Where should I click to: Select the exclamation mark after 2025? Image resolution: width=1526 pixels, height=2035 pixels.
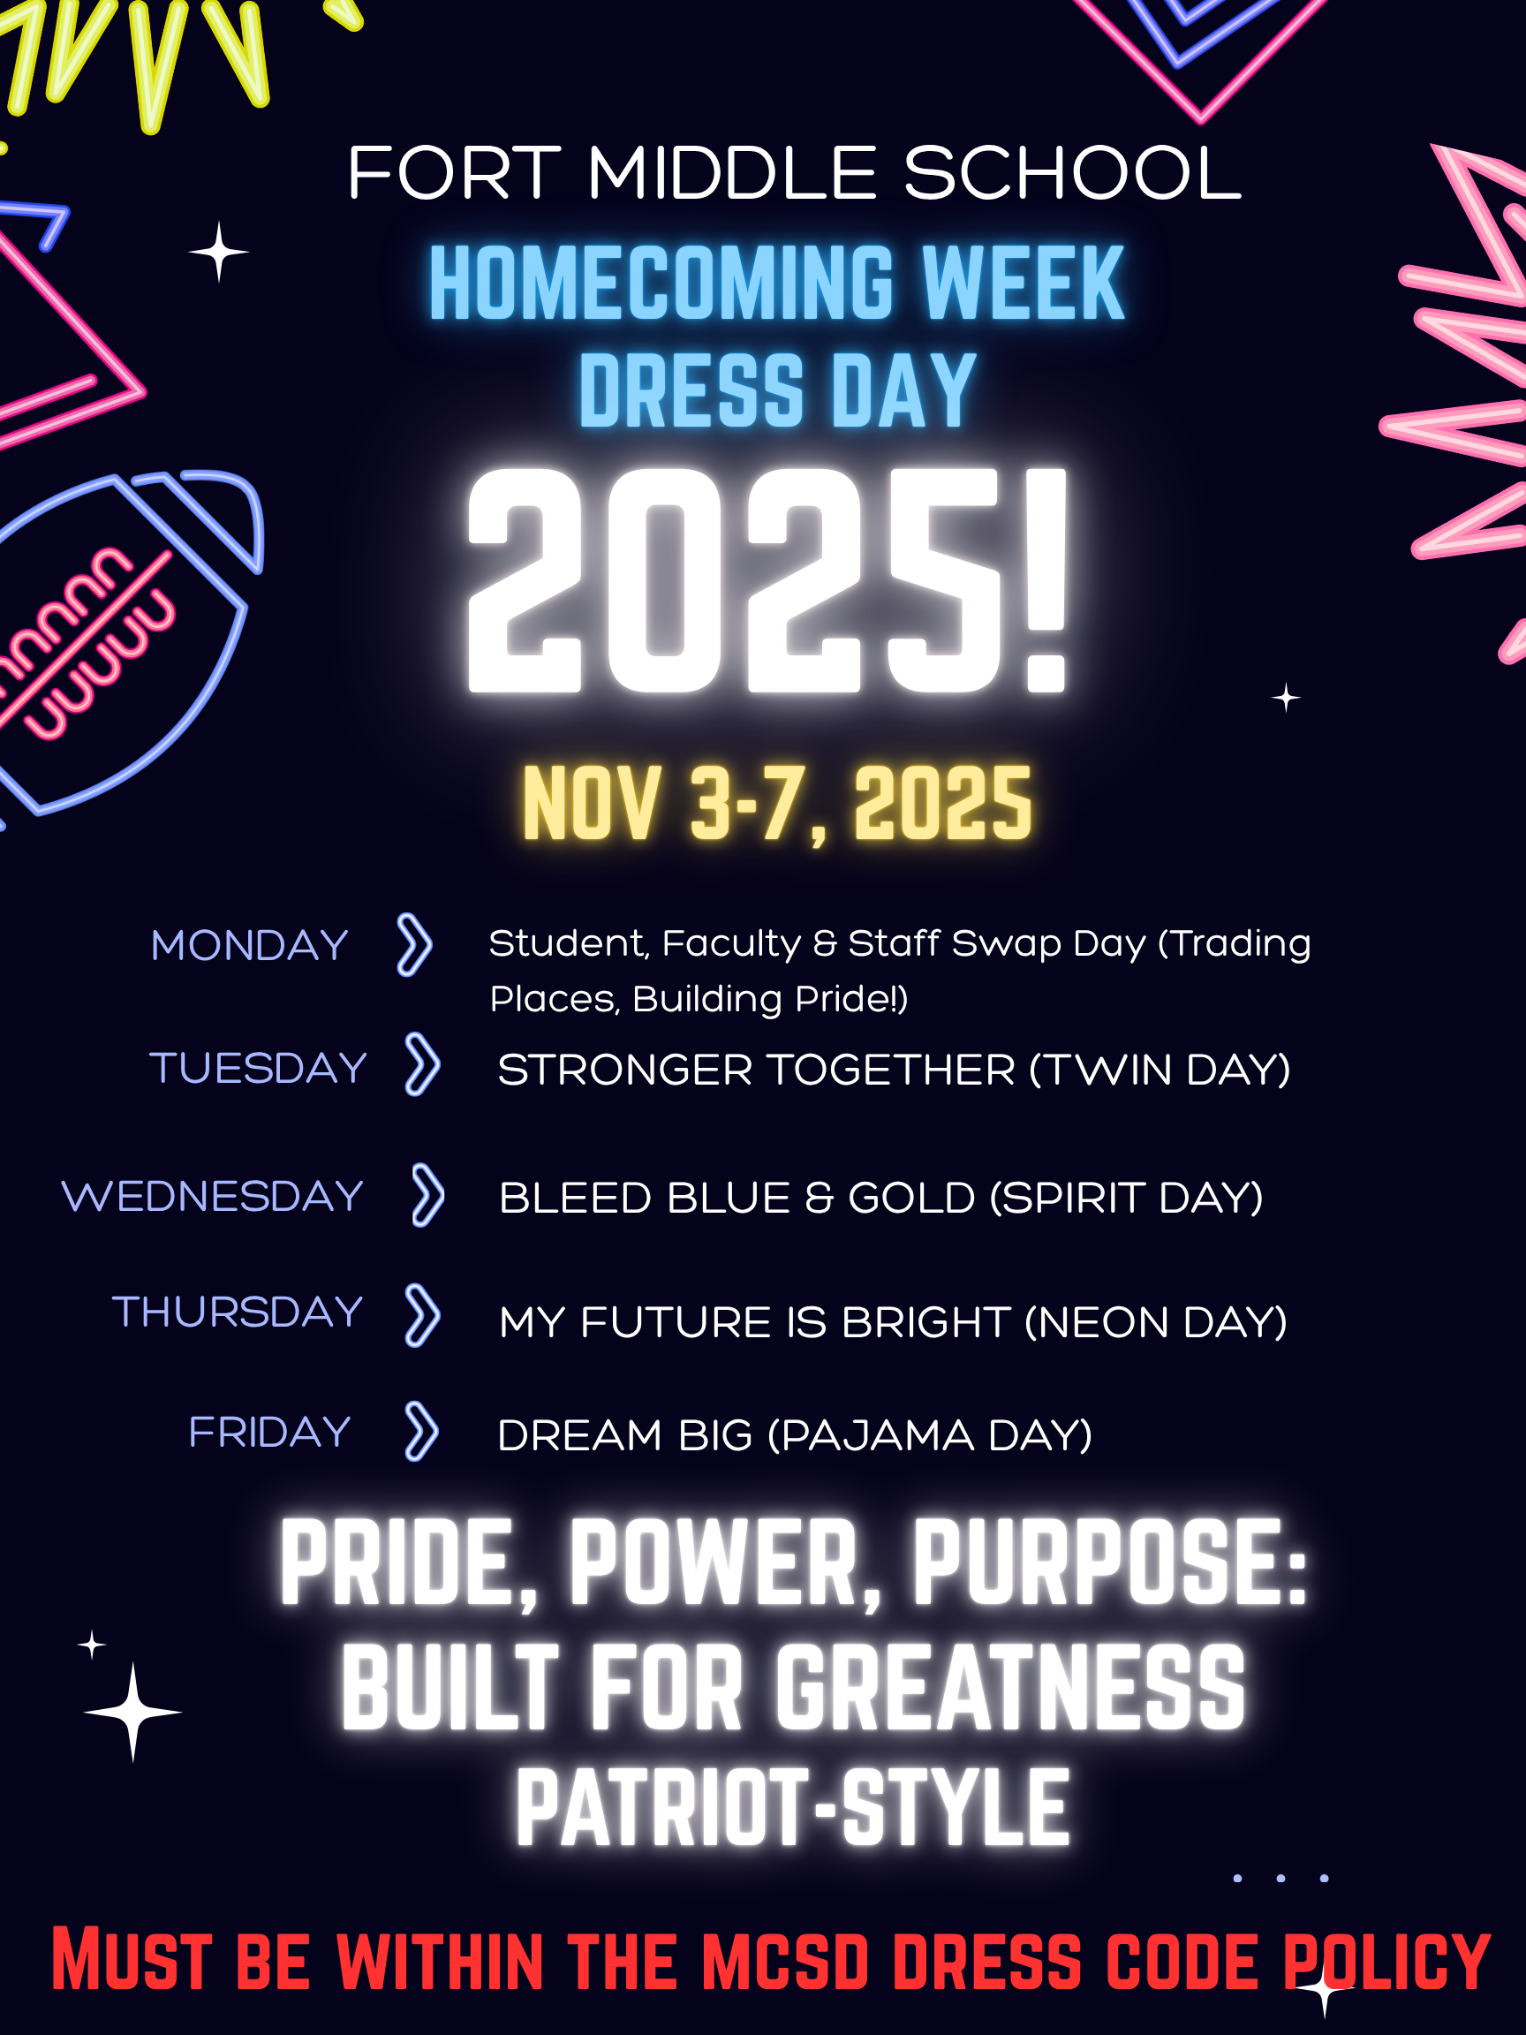click(1046, 579)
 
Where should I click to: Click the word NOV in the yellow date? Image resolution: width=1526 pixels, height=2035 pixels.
click(592, 803)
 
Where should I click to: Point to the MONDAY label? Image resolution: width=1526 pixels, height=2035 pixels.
click(249, 946)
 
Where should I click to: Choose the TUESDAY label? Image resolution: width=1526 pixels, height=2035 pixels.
click(258, 1068)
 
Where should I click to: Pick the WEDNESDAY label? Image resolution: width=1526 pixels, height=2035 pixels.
click(213, 1196)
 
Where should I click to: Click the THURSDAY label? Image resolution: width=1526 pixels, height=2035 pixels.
click(238, 1312)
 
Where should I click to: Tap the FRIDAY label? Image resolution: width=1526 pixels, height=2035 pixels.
click(269, 1433)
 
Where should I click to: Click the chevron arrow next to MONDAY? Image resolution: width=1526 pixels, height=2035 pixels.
click(414, 945)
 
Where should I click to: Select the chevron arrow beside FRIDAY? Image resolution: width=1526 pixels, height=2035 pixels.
click(421, 1432)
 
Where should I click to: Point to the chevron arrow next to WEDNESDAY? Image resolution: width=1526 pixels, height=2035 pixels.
click(427, 1195)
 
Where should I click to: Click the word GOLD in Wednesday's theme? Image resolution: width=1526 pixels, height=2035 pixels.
click(911, 1198)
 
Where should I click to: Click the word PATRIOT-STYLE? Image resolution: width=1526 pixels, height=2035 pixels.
click(793, 1808)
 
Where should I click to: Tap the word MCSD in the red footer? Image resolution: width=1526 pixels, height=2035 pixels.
click(786, 1961)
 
